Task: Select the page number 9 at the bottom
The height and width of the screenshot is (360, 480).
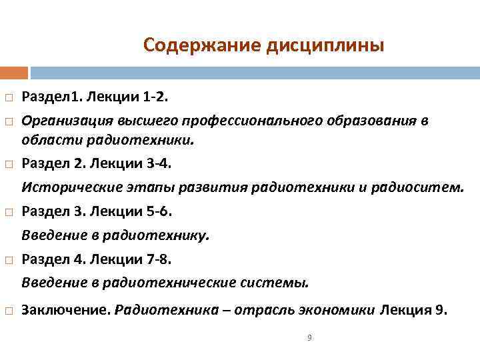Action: [x=309, y=338]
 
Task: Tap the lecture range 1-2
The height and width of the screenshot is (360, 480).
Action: [x=156, y=98]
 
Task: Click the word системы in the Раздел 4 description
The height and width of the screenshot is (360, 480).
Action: [x=283, y=282]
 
